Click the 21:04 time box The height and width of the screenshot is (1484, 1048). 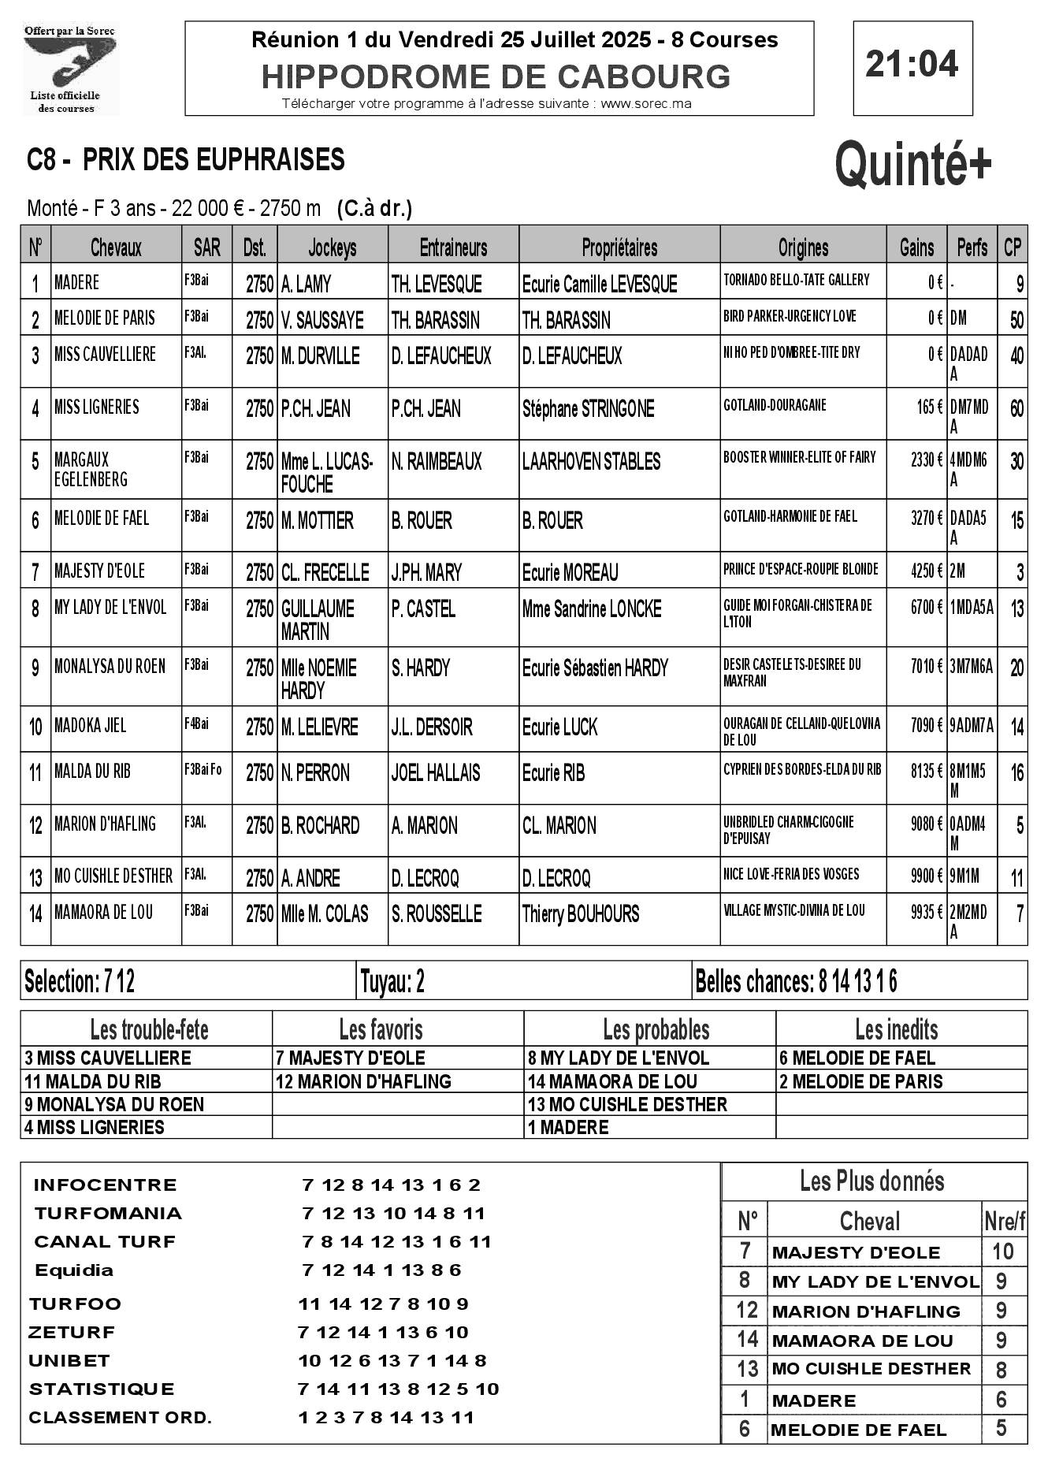pos(912,65)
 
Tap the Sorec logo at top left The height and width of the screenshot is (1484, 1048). pos(70,69)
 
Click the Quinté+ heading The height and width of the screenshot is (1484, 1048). pos(912,164)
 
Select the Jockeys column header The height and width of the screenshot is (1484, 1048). pos(332,248)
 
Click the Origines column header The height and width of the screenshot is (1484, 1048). pos(803,248)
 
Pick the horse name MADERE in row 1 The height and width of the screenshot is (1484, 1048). pos(76,283)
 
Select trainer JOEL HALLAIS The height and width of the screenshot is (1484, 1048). pos(435,773)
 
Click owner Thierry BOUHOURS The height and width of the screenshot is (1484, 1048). pos(580,914)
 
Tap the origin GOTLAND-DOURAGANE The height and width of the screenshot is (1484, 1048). pos(775,405)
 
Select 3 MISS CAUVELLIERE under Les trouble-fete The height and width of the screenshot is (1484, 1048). pos(108,1058)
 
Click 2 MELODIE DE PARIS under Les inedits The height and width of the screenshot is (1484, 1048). pos(860,1081)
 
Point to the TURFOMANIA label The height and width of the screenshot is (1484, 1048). pos(108,1213)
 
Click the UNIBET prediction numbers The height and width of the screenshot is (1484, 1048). pos(392,1361)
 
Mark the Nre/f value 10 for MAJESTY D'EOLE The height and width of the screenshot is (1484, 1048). pos(1002,1252)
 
